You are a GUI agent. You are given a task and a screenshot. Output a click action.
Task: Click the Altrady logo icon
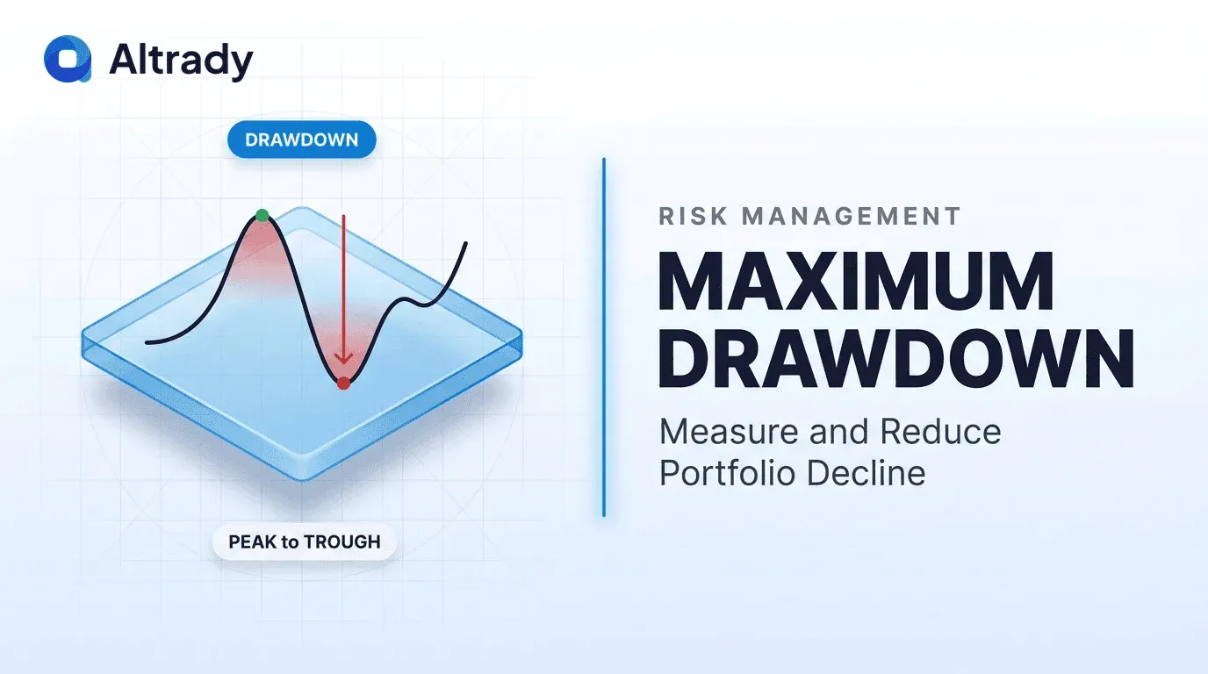68,59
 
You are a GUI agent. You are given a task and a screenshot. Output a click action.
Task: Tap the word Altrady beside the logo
181,61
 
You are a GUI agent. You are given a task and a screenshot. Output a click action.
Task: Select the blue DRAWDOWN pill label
301,140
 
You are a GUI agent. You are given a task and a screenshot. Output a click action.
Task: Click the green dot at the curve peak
262,215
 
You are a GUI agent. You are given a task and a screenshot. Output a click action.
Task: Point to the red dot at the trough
343,384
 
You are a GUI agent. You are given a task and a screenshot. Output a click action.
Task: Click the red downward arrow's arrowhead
343,358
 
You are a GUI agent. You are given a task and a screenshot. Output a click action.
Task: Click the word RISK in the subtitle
693,216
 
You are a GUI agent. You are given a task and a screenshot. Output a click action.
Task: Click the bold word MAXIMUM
856,281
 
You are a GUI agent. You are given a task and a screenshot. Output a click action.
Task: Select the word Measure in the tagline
729,432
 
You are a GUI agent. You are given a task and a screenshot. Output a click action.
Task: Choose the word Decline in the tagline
866,473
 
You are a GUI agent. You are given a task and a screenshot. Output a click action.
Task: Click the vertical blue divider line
604,337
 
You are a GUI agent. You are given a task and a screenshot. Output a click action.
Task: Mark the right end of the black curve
466,243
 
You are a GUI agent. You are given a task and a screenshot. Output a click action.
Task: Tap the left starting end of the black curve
147,342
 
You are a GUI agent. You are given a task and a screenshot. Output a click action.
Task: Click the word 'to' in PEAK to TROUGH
290,542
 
